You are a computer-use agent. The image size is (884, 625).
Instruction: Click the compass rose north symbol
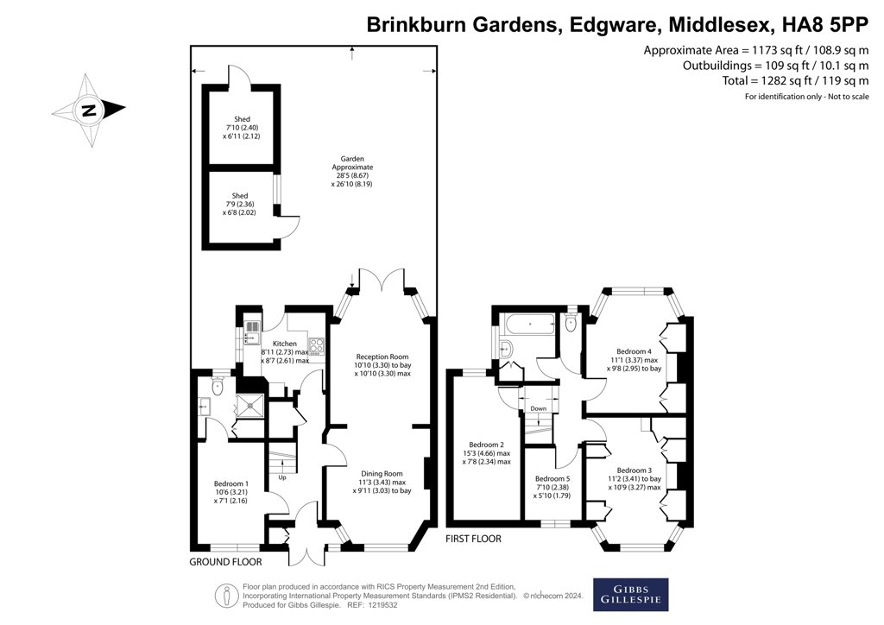tap(89, 110)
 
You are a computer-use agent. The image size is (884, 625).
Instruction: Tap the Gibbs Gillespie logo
tap(630, 595)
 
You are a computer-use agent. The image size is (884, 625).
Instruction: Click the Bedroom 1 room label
tap(231, 483)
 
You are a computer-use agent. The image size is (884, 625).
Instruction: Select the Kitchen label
tap(285, 344)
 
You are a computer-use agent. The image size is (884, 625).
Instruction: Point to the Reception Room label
tap(382, 357)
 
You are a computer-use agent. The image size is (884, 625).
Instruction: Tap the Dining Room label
tap(382, 474)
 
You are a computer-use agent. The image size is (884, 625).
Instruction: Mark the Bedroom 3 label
tap(635, 470)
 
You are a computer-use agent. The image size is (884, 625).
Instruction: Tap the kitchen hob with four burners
tap(317, 345)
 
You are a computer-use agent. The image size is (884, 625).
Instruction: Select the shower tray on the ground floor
tap(249, 405)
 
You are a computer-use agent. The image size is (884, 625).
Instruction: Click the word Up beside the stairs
tap(282, 477)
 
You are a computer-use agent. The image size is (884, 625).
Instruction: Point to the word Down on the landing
tap(539, 408)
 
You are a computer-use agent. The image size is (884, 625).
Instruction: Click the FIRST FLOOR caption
tap(473, 539)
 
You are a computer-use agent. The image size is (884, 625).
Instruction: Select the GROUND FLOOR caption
tap(225, 562)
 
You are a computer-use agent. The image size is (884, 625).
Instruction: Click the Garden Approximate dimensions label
tap(352, 171)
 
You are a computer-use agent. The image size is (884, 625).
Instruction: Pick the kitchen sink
tap(251, 338)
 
